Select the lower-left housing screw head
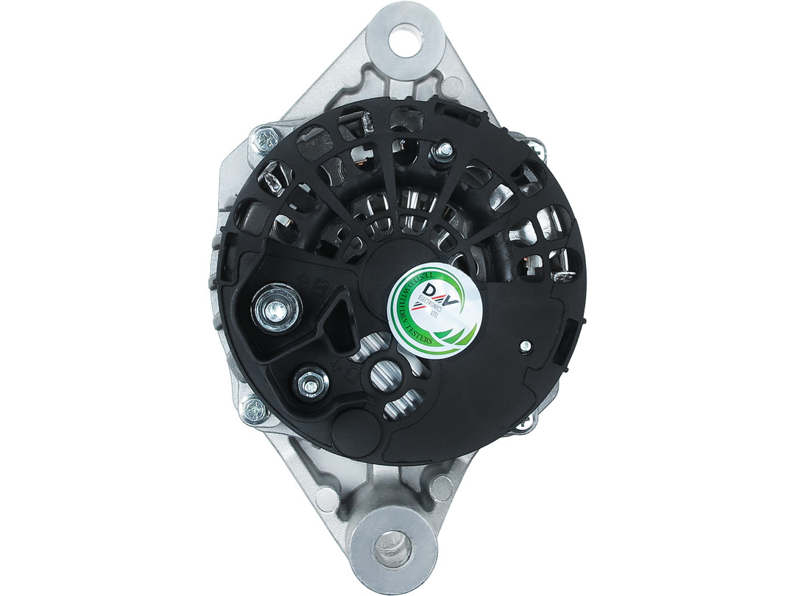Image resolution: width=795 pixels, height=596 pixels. point(255,410)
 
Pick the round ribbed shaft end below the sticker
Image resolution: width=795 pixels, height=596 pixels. point(387,376)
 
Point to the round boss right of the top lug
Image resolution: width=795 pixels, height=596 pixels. point(452,87)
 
